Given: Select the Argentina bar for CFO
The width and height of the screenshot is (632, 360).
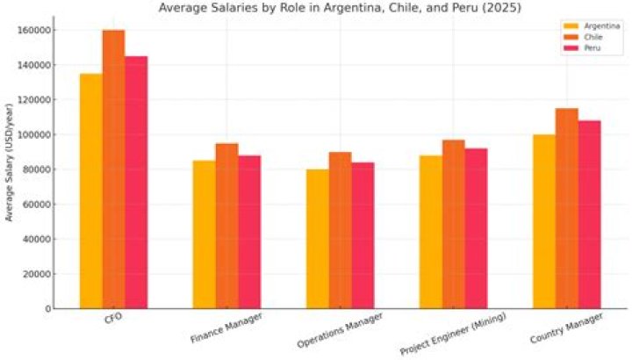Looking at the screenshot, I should click(90, 191).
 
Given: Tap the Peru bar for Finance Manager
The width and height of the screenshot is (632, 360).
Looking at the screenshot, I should click(249, 232).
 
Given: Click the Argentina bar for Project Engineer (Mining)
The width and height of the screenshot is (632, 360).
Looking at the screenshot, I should click(431, 232).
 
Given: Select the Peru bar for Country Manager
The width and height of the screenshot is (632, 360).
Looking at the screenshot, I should click(589, 214).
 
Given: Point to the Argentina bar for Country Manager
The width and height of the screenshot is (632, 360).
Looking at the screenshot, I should click(544, 221).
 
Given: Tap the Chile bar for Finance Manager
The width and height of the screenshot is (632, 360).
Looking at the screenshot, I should click(226, 226).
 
